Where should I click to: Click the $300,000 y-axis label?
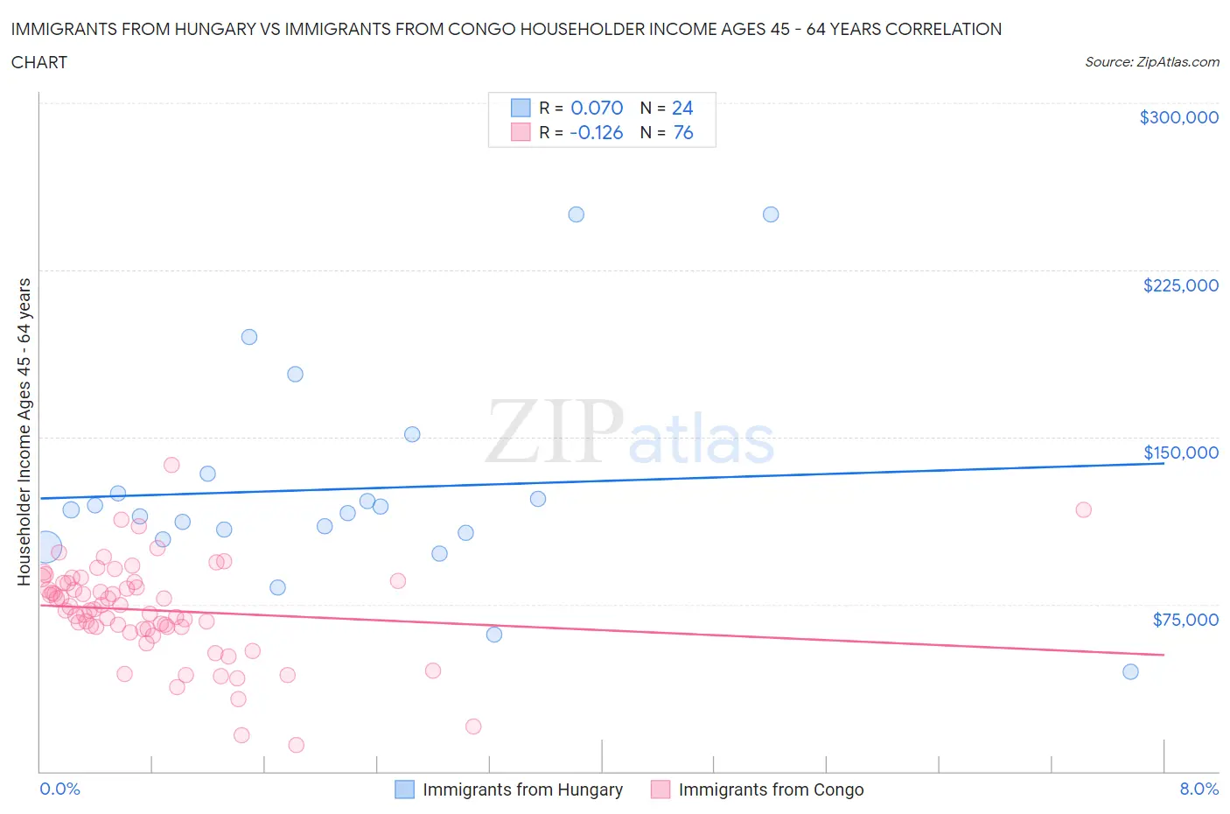1178,117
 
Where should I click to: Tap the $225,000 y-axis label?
1180,285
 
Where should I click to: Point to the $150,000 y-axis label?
1180,453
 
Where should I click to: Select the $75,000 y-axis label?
1185,620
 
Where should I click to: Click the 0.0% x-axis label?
59,789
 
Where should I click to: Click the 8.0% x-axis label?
1199,789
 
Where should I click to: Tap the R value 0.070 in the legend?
597,108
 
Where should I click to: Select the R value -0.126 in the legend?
596,132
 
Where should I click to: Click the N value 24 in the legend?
682,108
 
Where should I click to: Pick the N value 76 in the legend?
682,132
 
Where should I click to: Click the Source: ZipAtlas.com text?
1151,61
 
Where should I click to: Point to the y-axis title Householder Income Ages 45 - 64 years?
24,432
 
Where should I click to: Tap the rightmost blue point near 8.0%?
1130,671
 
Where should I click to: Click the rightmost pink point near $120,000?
1083,509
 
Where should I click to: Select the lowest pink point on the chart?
296,745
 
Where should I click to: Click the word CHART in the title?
39,62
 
